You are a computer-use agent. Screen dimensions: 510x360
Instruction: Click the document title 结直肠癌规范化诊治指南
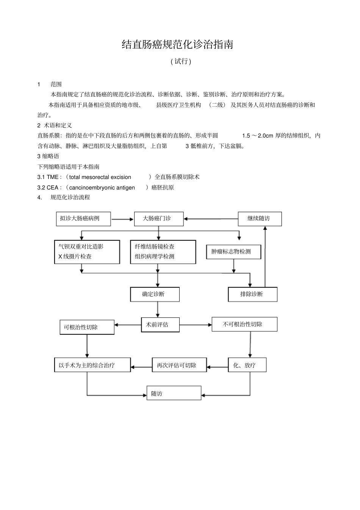pos(177,45)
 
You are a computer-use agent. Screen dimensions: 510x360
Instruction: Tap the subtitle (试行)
pos(181,61)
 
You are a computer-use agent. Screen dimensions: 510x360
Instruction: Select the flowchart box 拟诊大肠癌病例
pos(83,219)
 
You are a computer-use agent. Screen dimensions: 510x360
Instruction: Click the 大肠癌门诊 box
pos(158,219)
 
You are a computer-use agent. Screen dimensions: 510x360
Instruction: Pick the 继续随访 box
pos(259,219)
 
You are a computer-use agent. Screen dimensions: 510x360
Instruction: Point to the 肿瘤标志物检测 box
pos(233,252)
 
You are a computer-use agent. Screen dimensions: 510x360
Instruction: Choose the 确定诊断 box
pos(155,294)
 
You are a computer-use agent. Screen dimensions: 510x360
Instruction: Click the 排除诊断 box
pos(252,294)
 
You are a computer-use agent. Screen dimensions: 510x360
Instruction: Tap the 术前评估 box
pos(160,325)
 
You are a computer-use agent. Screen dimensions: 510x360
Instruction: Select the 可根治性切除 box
pos(87,327)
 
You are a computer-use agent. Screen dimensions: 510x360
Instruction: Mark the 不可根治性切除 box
pos(244,324)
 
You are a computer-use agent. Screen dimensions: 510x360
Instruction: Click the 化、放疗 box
pos(247,365)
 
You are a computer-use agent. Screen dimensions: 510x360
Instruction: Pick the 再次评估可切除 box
pos(179,365)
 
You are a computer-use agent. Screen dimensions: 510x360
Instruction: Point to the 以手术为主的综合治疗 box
pos(92,365)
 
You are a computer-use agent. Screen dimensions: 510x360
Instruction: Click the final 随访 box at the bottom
pos(174,393)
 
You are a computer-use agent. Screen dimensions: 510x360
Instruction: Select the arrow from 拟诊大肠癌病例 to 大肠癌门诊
pos(122,219)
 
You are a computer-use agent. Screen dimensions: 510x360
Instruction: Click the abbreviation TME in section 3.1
pos(53,177)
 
